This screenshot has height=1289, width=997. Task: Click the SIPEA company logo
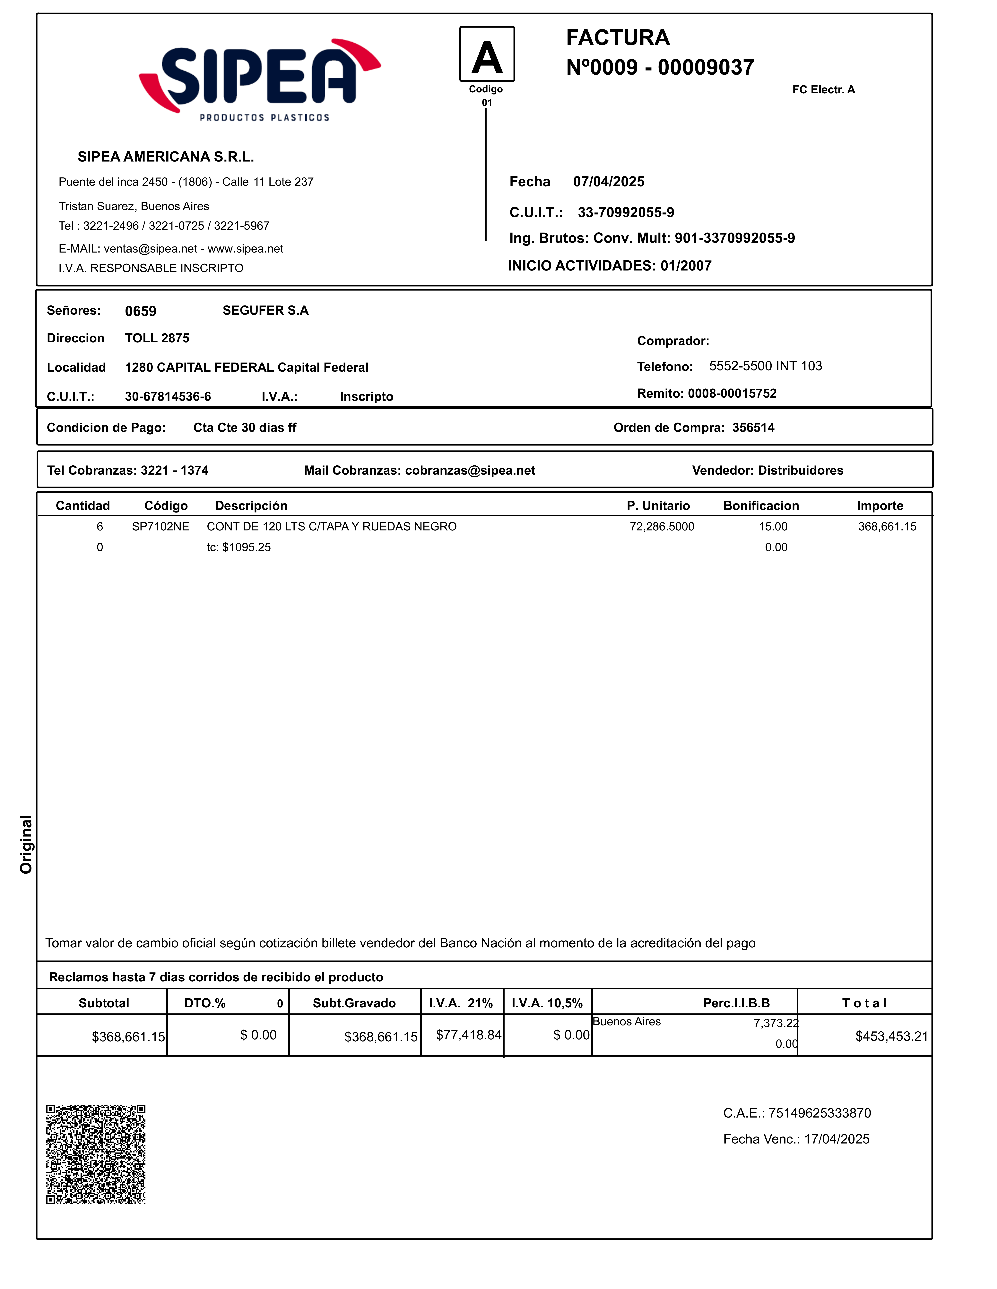pos(260,80)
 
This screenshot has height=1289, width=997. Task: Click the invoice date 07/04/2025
pos(608,182)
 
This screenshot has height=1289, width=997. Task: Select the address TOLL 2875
pos(157,338)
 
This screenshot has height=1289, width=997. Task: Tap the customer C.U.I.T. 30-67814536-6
pos(168,397)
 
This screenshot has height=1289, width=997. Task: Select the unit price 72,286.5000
pos(662,527)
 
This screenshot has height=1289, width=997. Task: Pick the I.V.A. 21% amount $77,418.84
pos(468,1035)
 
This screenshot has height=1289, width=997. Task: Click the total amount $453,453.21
pos(891,1036)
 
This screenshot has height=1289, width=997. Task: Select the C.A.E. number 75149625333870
pos(819,1113)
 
